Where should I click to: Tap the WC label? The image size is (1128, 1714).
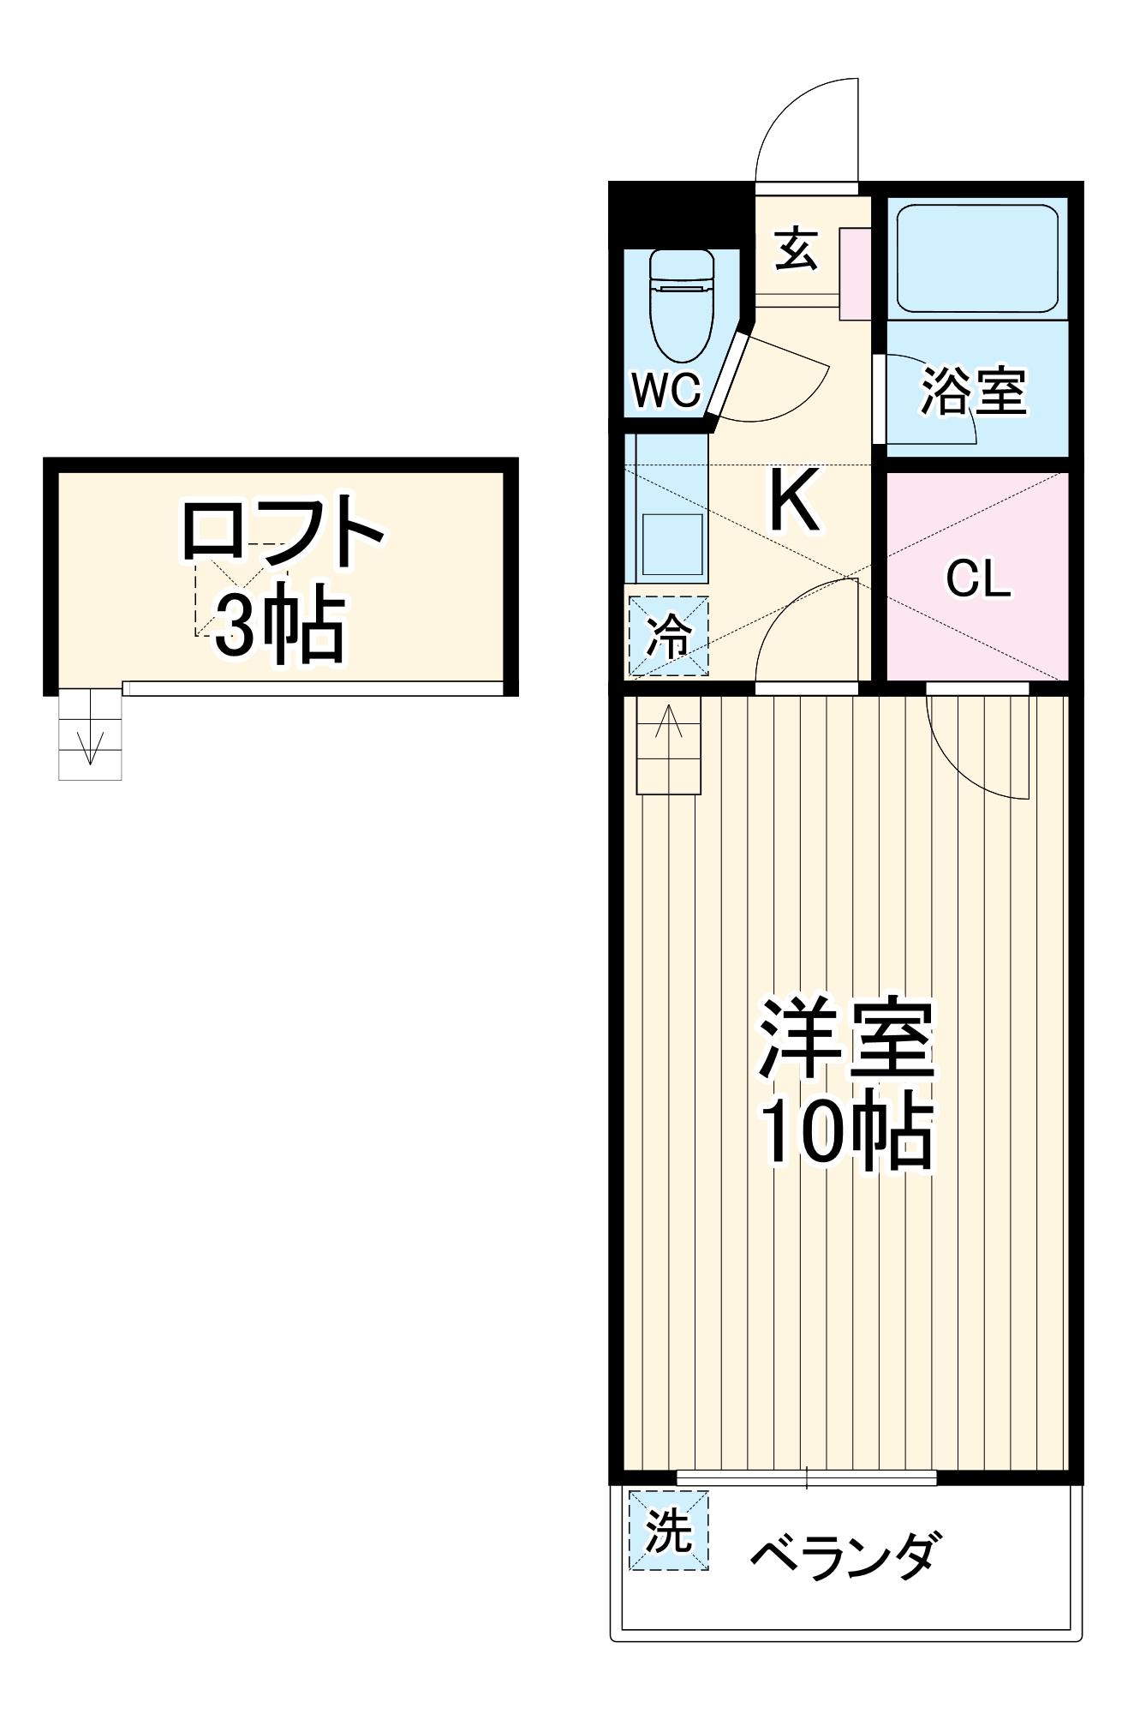666,391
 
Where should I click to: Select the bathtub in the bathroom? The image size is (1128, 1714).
977,258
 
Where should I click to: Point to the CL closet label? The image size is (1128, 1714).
978,579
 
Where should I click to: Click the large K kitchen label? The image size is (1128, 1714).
794,500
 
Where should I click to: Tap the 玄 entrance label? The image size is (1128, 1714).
797,249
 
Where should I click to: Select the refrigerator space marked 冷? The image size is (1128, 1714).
669,635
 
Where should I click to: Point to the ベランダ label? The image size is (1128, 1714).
845,1555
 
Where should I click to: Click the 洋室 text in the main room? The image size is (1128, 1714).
846,1038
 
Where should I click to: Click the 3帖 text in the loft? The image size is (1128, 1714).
279,626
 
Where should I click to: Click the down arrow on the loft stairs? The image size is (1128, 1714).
90,746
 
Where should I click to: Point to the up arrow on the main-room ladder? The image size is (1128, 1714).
669,722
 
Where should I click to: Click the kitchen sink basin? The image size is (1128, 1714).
673,545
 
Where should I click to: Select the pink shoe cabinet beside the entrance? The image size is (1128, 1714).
855,273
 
